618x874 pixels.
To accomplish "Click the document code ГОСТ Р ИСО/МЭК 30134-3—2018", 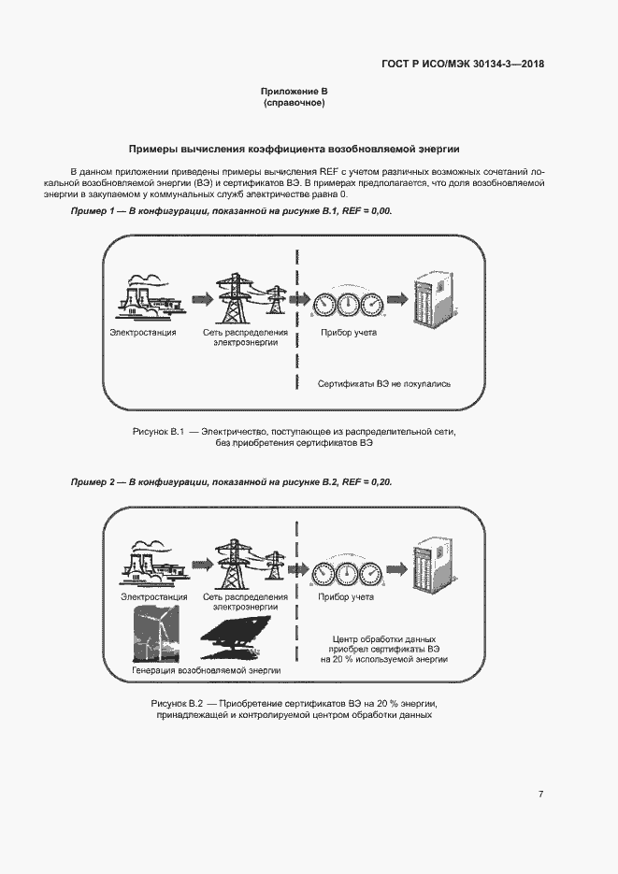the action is (463, 64).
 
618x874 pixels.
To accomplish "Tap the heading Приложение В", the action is (294, 91).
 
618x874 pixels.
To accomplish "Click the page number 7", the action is (540, 794).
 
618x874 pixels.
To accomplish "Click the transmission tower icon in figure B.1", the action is (242, 297).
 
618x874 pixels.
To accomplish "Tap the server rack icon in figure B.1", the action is (430, 298).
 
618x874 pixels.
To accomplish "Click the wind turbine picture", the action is (154, 634).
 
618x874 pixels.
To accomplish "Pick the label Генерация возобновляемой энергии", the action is (194, 670).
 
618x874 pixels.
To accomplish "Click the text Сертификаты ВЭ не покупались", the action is (384, 383).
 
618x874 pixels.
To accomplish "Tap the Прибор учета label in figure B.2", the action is (346, 596).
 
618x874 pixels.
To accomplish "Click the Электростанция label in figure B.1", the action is (143, 333).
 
